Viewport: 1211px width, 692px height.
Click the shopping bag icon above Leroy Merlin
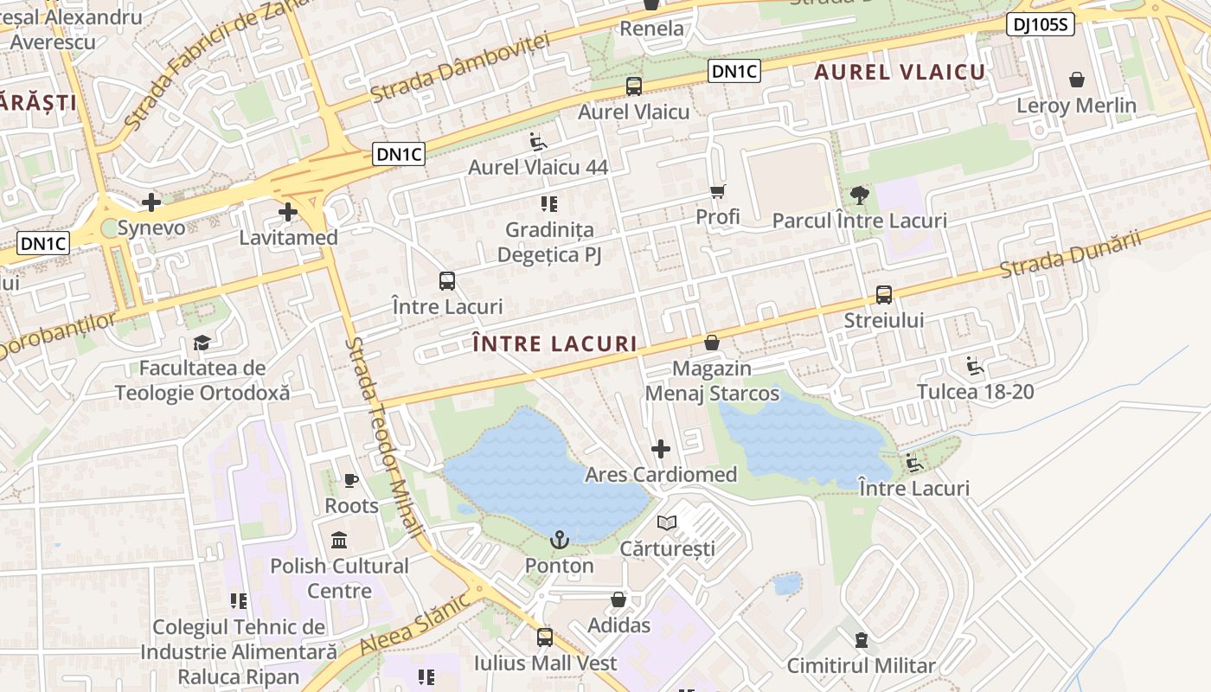(1077, 80)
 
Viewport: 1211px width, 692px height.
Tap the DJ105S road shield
(1040, 25)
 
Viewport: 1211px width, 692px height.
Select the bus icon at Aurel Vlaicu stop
(634, 86)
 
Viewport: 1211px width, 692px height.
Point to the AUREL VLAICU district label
(900, 72)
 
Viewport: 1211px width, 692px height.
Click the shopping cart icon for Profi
(717, 191)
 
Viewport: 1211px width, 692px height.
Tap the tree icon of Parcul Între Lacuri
(859, 195)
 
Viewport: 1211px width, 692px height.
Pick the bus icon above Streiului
(884, 295)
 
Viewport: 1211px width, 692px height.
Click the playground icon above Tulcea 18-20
(975, 366)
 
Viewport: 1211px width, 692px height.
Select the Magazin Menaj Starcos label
(712, 381)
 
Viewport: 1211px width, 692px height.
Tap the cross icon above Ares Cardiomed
(661, 449)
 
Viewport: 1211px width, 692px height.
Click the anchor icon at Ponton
(560, 541)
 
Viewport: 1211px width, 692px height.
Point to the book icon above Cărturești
(667, 522)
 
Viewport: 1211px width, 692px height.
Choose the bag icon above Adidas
(618, 599)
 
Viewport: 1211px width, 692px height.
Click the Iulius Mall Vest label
(545, 663)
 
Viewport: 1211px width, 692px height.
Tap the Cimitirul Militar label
(861, 666)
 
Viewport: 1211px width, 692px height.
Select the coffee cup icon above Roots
(350, 480)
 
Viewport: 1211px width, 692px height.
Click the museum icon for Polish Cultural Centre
(340, 541)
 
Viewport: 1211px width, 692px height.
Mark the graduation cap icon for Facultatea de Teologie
(202, 343)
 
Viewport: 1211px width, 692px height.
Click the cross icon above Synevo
(151, 203)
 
